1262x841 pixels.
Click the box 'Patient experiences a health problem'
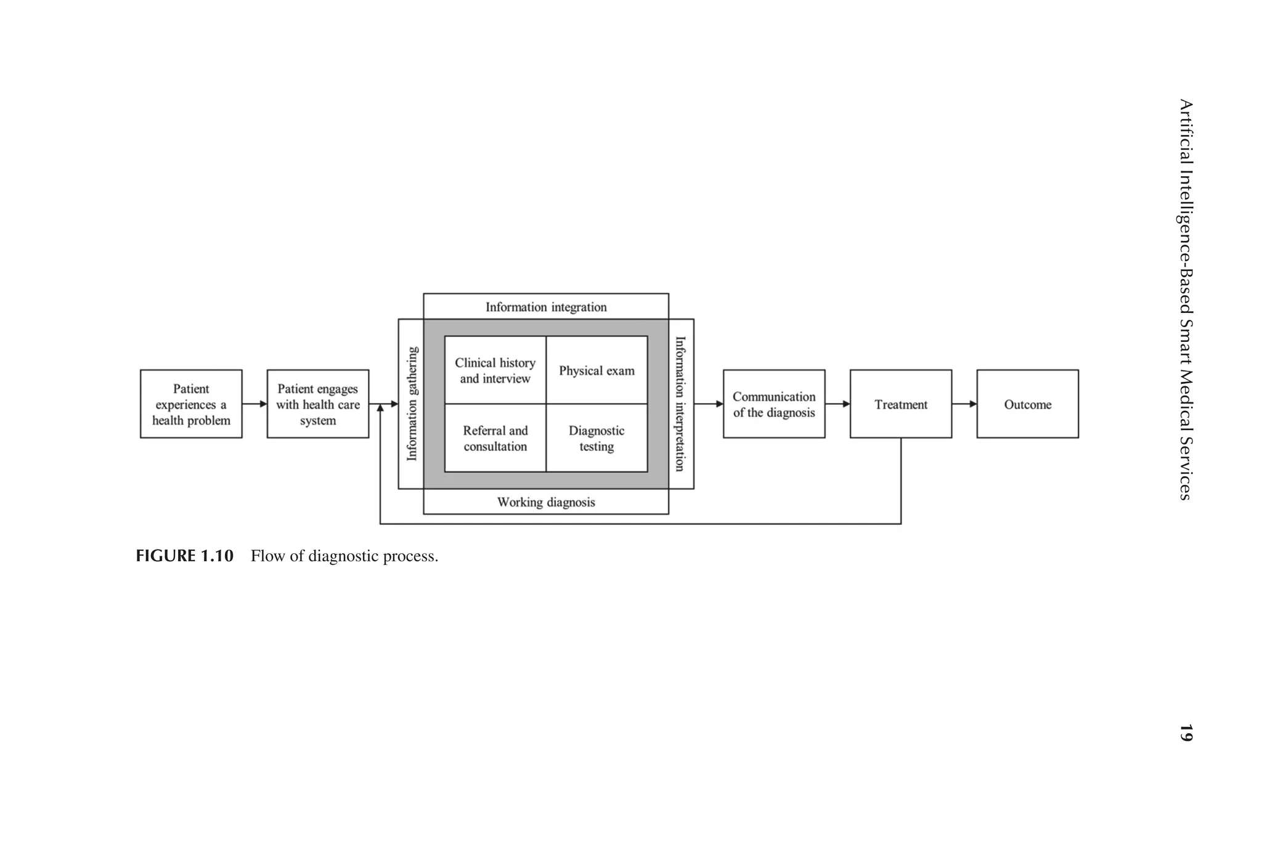click(x=191, y=404)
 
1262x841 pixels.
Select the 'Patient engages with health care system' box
click(x=317, y=404)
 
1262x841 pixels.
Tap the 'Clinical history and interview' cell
click(x=495, y=370)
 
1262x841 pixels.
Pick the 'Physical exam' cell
click(x=596, y=370)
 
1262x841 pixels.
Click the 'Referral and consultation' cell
click(x=495, y=438)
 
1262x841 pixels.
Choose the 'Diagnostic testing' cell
click(x=596, y=438)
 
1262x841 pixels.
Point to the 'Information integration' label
click(x=546, y=307)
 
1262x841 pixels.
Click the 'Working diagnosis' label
click(x=546, y=502)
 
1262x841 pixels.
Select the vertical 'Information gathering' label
click(x=412, y=404)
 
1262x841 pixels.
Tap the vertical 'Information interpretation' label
click(x=680, y=404)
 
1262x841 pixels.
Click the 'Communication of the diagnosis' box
click(x=774, y=404)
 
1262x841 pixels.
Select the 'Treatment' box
click(x=900, y=404)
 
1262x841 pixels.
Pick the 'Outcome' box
click(x=1027, y=404)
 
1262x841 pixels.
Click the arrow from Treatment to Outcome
click(x=964, y=404)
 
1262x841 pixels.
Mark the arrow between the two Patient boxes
click(x=254, y=404)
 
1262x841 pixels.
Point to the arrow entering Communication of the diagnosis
click(x=709, y=404)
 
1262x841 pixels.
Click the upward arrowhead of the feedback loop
click(x=380, y=408)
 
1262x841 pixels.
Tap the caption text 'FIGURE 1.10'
click(x=185, y=556)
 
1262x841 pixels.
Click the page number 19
click(x=1186, y=733)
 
